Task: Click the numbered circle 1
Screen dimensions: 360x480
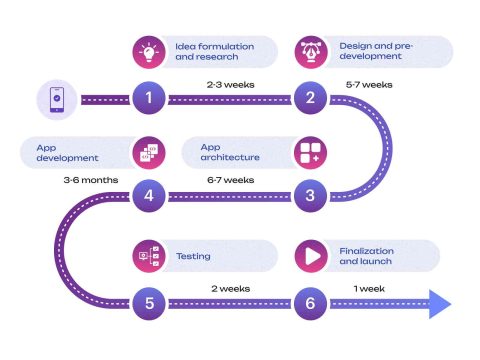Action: [148, 98]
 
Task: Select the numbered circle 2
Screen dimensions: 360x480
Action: [310, 98]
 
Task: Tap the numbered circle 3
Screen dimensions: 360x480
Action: [310, 195]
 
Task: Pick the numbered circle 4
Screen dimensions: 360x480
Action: [148, 195]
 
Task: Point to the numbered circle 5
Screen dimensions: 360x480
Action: [148, 301]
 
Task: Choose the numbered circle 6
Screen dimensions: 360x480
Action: [310, 301]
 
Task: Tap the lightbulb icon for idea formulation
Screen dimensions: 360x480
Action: [148, 52]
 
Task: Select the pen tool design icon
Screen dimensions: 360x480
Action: [310, 52]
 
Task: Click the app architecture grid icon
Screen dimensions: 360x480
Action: [310, 153]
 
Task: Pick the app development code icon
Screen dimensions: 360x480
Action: [148, 153]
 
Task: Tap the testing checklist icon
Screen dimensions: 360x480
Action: [148, 256]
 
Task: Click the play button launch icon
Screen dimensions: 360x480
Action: [310, 256]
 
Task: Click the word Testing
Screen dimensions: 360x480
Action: [193, 256]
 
